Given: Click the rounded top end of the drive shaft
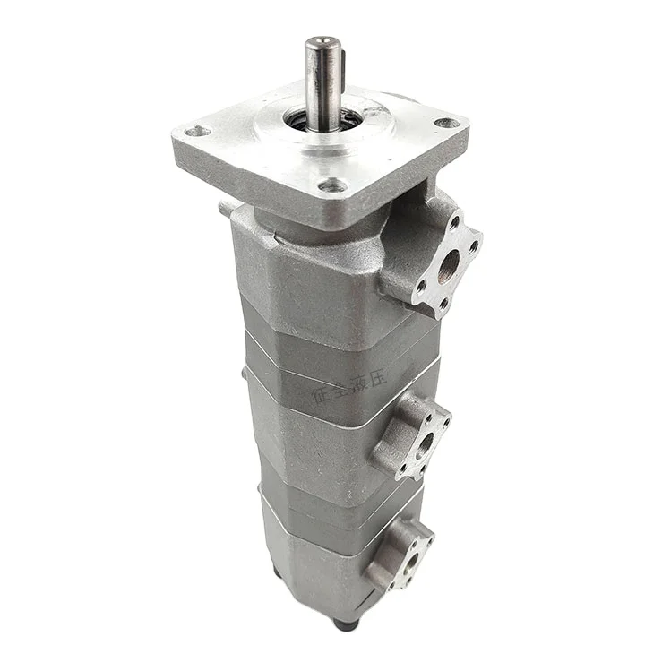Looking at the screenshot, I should (x=320, y=43).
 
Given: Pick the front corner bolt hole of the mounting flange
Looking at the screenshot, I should (x=333, y=186).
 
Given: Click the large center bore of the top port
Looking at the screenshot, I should (x=448, y=263).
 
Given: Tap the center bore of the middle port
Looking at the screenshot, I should (x=424, y=439).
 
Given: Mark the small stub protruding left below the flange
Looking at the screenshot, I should (x=225, y=210).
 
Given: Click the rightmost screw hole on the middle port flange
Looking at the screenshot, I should (x=444, y=417).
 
